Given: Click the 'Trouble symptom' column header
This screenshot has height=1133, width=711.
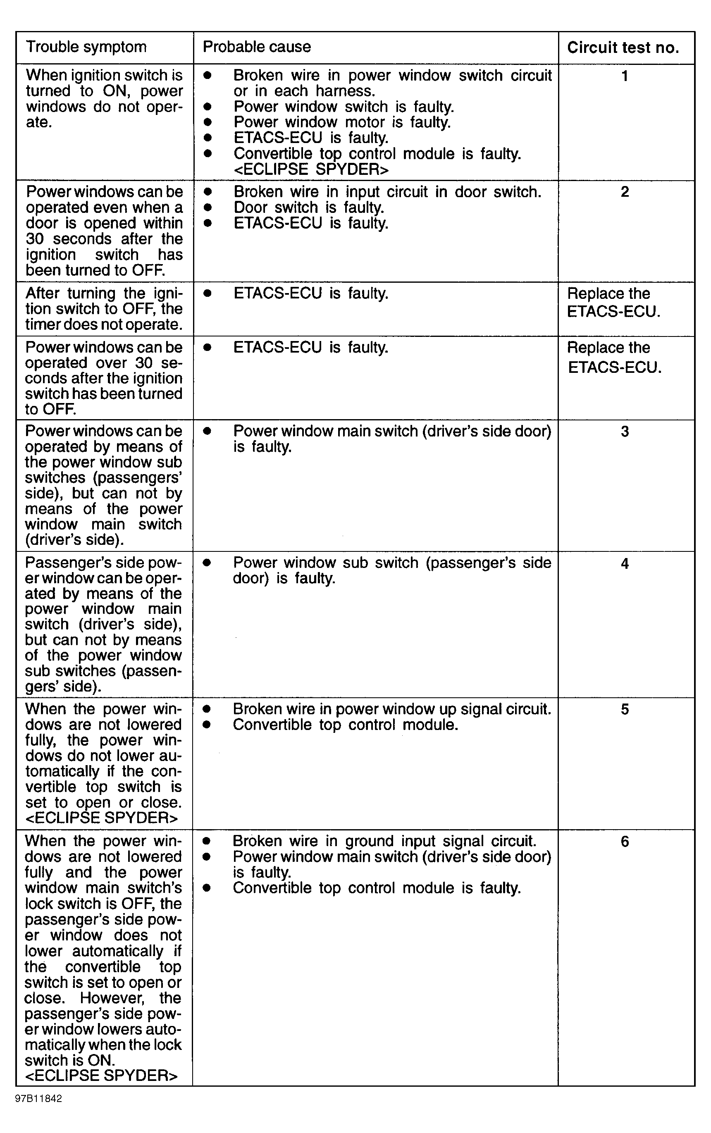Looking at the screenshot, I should [x=86, y=47].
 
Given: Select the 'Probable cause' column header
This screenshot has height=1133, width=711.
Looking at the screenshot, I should [x=257, y=47].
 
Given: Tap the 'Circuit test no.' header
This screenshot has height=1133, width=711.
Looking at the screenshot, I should [x=623, y=48].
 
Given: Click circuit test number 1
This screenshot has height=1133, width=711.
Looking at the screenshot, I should [x=625, y=76].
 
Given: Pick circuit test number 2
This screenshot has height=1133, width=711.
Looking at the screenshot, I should [x=625, y=192].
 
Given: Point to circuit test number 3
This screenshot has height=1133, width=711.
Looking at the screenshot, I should [x=625, y=432].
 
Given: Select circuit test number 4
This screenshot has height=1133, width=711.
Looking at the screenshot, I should [x=625, y=563].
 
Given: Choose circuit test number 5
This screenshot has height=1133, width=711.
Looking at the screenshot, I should [x=625, y=709].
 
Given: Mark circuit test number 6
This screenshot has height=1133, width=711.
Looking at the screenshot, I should [x=625, y=841].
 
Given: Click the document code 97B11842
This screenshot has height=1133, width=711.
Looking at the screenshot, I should [x=38, y=1099].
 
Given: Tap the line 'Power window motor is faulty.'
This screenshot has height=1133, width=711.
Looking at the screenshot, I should [x=342, y=122].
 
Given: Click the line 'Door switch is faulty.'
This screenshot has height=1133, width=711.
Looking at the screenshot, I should [x=309, y=208].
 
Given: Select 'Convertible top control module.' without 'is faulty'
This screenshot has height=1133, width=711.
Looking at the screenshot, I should [x=345, y=725].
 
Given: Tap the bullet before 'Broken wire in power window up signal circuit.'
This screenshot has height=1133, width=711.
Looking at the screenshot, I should [x=206, y=709].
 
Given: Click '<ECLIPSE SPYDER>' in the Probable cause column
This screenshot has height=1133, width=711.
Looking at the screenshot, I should [x=311, y=169].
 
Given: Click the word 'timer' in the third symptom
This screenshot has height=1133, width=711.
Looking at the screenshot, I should [x=43, y=324].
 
